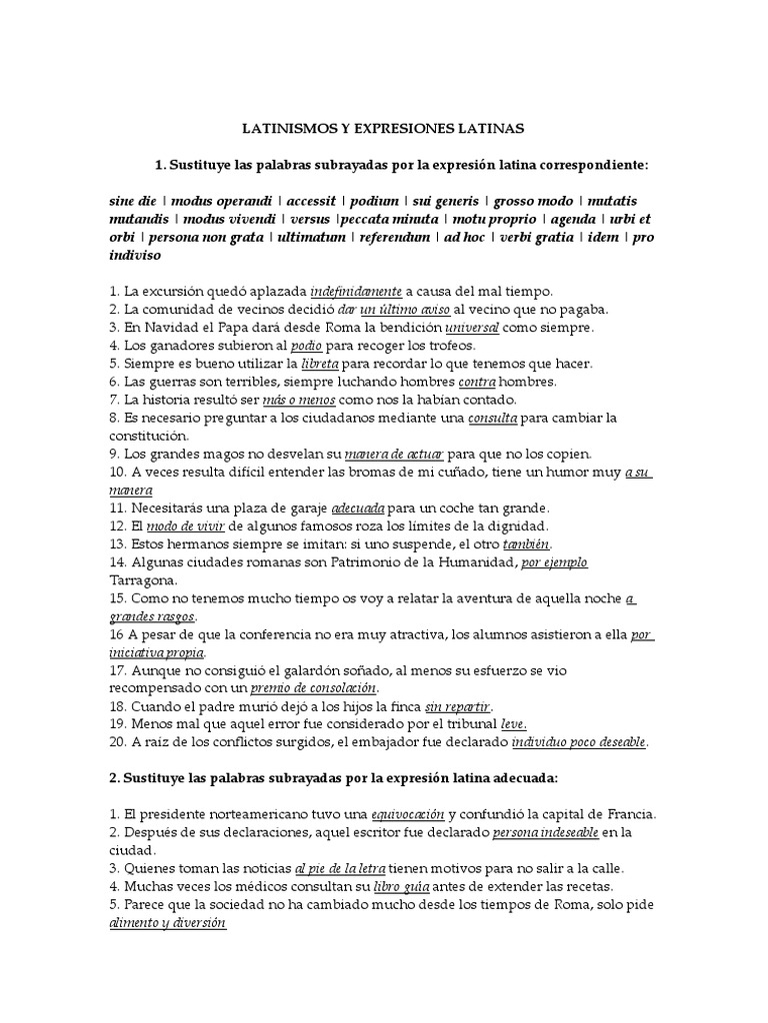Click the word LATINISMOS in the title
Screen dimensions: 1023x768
(285, 129)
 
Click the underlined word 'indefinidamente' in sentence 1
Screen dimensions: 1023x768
(356, 291)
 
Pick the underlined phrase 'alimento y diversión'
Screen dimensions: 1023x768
(167, 923)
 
